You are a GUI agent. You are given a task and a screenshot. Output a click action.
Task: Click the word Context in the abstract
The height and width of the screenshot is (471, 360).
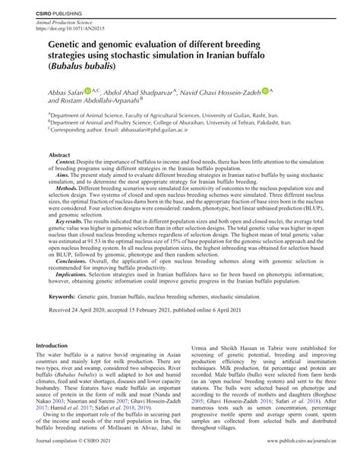click(x=66, y=163)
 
